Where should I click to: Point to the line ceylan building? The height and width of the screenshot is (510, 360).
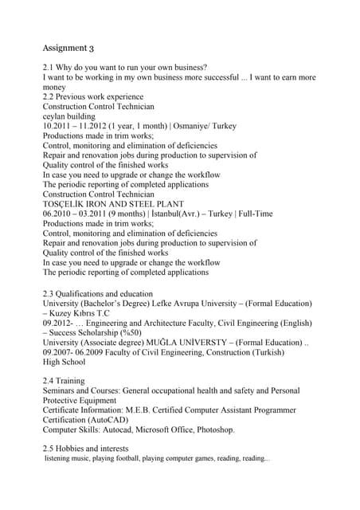[73, 116]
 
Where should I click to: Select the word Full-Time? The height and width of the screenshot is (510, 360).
[253, 214]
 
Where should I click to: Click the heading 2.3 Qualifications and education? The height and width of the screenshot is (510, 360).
[97, 293]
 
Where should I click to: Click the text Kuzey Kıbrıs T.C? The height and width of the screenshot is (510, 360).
[82, 313]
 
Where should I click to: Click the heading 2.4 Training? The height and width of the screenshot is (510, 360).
[64, 381]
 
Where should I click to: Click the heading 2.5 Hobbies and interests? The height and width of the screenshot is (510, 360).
[85, 449]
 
